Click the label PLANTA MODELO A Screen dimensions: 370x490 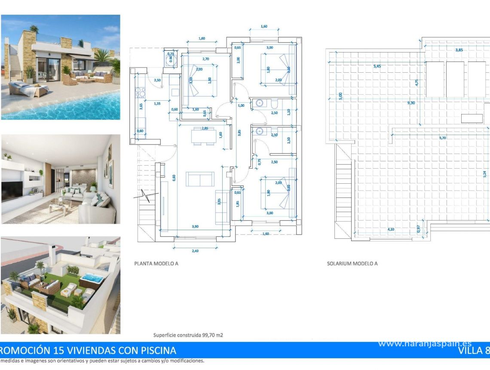(x=156, y=264)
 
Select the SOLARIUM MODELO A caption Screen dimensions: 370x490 (x=352, y=264)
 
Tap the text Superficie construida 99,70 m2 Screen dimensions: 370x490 (x=188, y=335)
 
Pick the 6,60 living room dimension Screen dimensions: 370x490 (x=174, y=177)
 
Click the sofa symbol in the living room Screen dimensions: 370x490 (x=200, y=179)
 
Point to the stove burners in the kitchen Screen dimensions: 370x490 (x=140, y=92)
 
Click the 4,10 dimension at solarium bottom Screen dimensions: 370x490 (x=391, y=229)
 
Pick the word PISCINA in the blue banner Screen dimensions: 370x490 (x=155, y=350)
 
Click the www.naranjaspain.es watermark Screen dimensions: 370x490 (x=425, y=343)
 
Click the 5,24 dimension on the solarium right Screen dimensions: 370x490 (x=485, y=174)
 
